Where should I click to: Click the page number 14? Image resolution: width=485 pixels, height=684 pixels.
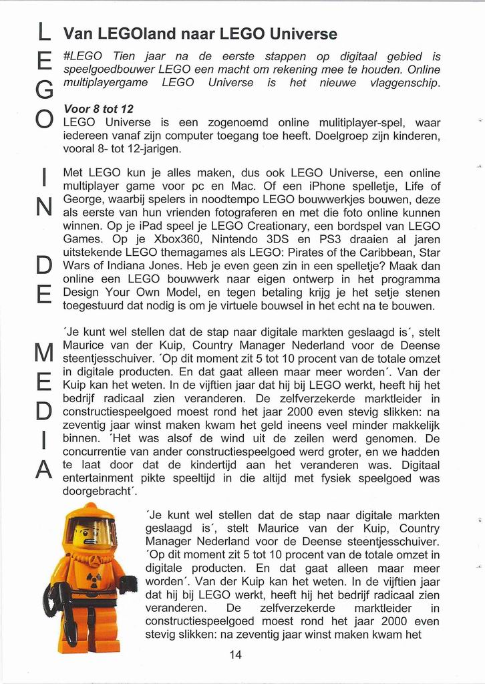235,655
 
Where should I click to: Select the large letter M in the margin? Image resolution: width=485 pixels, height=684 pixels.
43,356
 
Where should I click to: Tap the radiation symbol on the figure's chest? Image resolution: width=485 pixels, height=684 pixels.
93,578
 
